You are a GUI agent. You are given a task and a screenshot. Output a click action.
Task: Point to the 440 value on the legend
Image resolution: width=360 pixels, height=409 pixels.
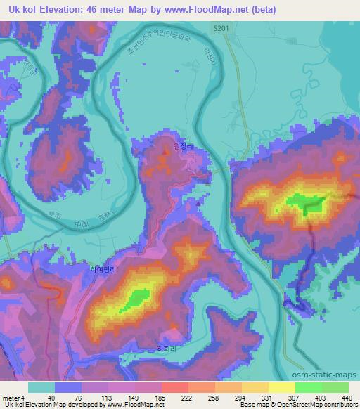(347, 398)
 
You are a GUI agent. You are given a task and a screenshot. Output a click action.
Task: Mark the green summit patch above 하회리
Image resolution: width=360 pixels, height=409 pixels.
(135, 299)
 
